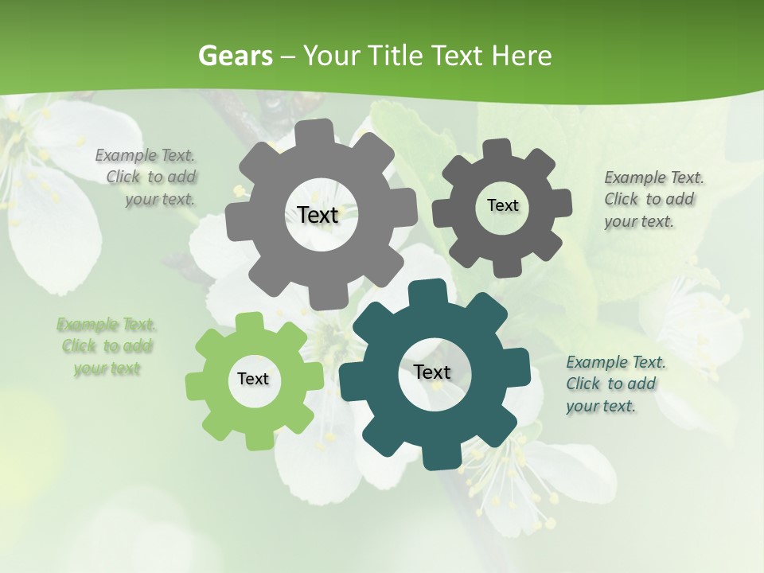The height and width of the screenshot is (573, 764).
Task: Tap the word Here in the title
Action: tap(521, 56)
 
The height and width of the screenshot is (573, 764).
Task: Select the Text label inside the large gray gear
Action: tap(318, 215)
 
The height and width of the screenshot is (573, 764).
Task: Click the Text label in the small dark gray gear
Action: tap(502, 205)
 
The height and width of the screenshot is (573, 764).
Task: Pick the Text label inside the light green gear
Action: tap(252, 379)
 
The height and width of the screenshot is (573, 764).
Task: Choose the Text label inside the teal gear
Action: tap(431, 372)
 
